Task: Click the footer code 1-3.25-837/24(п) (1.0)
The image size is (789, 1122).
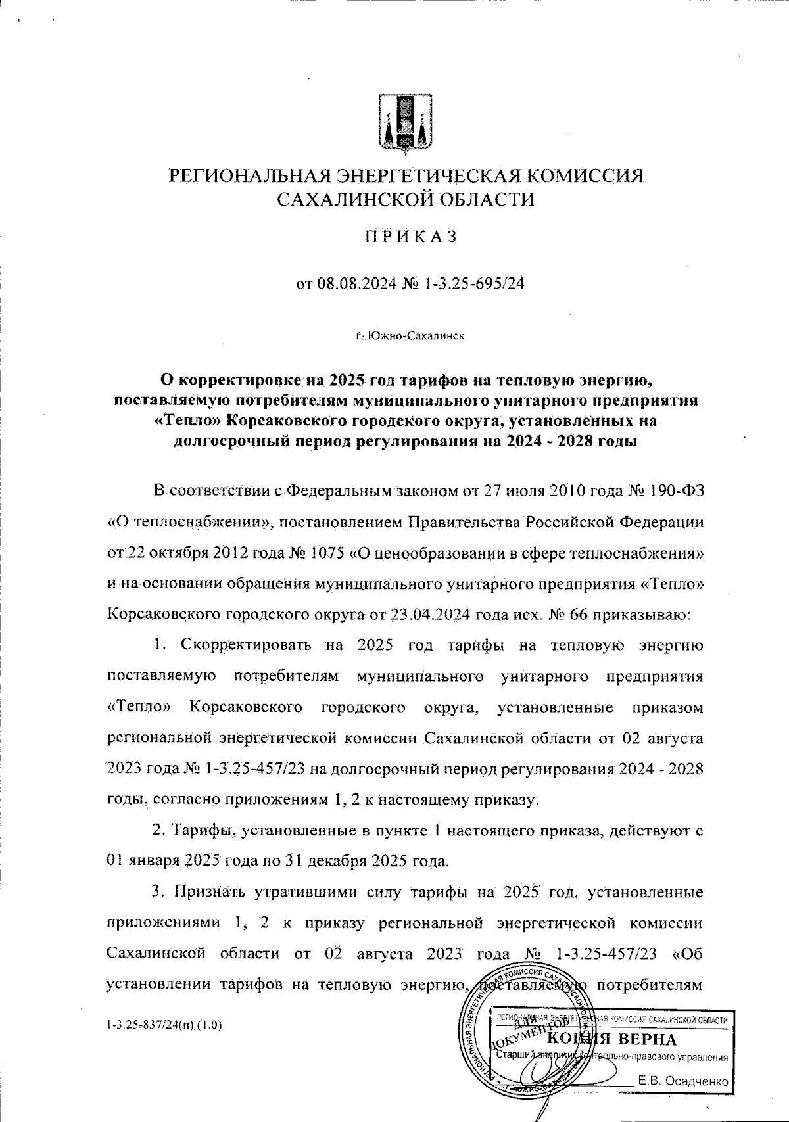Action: pyautogui.click(x=164, y=1024)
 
